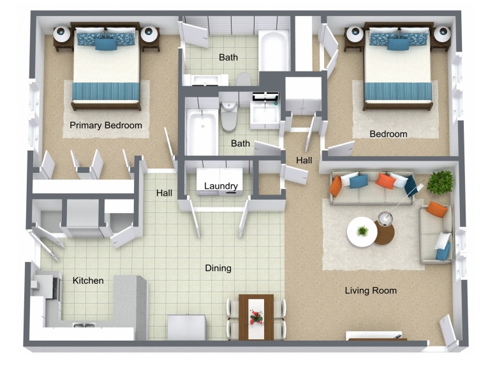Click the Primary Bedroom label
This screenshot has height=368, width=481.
click(x=106, y=125)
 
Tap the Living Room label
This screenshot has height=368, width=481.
click(x=371, y=291)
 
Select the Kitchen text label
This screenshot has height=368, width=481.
click(x=88, y=281)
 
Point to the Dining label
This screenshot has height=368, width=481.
click(x=218, y=269)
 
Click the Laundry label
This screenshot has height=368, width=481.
click(x=221, y=186)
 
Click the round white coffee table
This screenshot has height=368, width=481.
click(x=362, y=232)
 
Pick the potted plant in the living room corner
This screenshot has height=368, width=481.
click(x=440, y=182)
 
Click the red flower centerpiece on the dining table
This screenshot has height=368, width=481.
click(x=256, y=316)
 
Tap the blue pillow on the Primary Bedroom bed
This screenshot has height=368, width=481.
click(x=106, y=44)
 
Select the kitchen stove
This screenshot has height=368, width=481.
click(x=44, y=286)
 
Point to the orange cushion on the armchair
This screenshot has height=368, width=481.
click(x=436, y=209)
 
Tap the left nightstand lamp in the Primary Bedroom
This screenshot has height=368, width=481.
click(x=62, y=34)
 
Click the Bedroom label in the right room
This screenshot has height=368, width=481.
click(x=389, y=134)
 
